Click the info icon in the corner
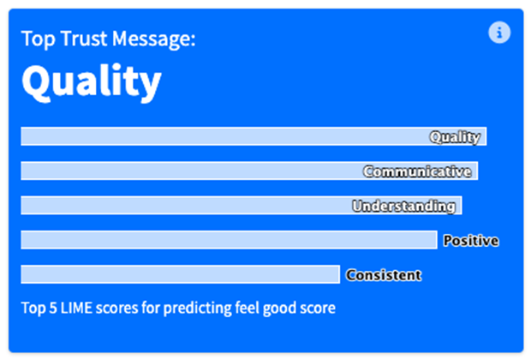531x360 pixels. tap(499, 33)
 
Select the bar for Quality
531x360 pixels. tap(254, 136)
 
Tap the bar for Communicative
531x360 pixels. tap(249, 171)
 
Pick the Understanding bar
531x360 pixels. tap(242, 206)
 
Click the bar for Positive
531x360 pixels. tap(229, 240)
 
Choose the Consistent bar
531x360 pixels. tap(181, 274)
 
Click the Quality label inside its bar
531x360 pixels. tap(455, 137)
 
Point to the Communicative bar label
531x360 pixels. tap(417, 171)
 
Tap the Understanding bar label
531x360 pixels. tap(403, 206)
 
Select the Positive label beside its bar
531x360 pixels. tap(471, 241)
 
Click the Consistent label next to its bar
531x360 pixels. tap(384, 275)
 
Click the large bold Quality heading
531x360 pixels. tap(92, 82)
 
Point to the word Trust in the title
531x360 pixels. tap(84, 39)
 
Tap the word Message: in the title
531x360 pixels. tap(154, 39)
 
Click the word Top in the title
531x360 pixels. tap(39, 39)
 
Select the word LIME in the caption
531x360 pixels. tap(76, 308)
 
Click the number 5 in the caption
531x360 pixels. tap(53, 308)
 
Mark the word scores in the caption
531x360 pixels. tap(117, 309)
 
